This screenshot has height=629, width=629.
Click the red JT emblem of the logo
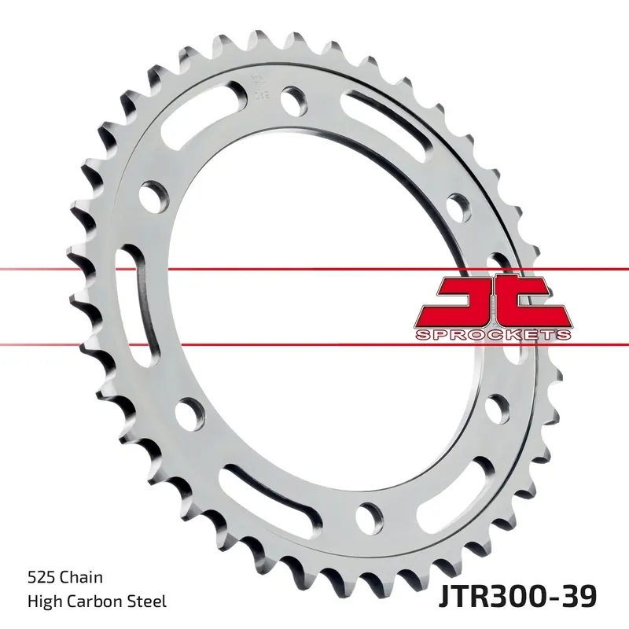(491, 302)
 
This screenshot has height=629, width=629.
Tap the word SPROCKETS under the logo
(491, 336)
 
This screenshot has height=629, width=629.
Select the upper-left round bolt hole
(153, 193)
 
